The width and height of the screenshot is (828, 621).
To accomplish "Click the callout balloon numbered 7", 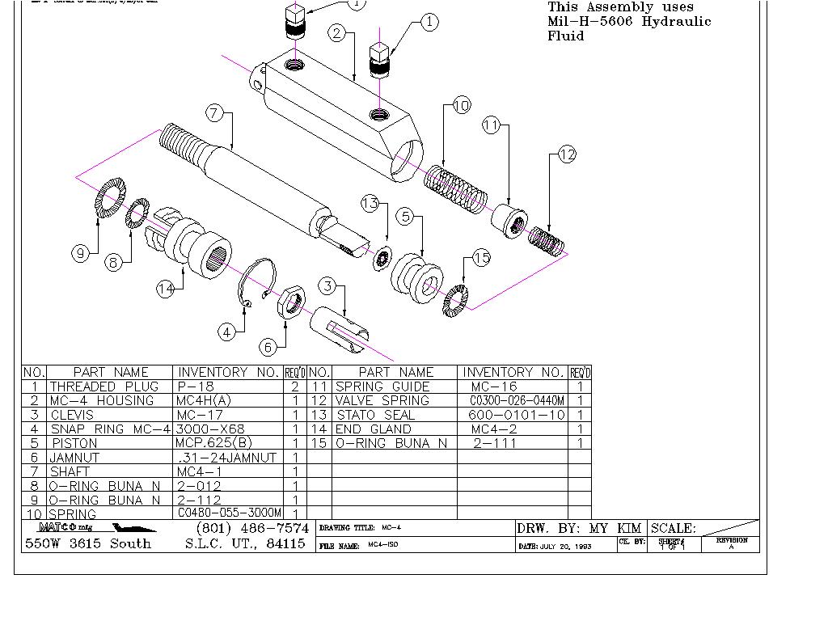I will [214, 113].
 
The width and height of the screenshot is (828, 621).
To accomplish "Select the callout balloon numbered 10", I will [461, 105].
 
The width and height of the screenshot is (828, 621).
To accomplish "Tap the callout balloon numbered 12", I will [567, 154].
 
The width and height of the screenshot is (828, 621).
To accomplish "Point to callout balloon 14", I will [166, 289].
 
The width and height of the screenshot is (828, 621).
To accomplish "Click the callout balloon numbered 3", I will [327, 285].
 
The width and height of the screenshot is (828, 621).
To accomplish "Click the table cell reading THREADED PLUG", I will [104, 387].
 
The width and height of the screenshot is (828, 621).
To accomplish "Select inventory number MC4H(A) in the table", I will [204, 400].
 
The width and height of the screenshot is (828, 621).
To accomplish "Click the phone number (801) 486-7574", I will [252, 528].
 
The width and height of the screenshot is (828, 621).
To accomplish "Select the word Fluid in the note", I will [565, 36].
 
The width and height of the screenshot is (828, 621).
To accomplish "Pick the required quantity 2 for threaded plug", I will [295, 387].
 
